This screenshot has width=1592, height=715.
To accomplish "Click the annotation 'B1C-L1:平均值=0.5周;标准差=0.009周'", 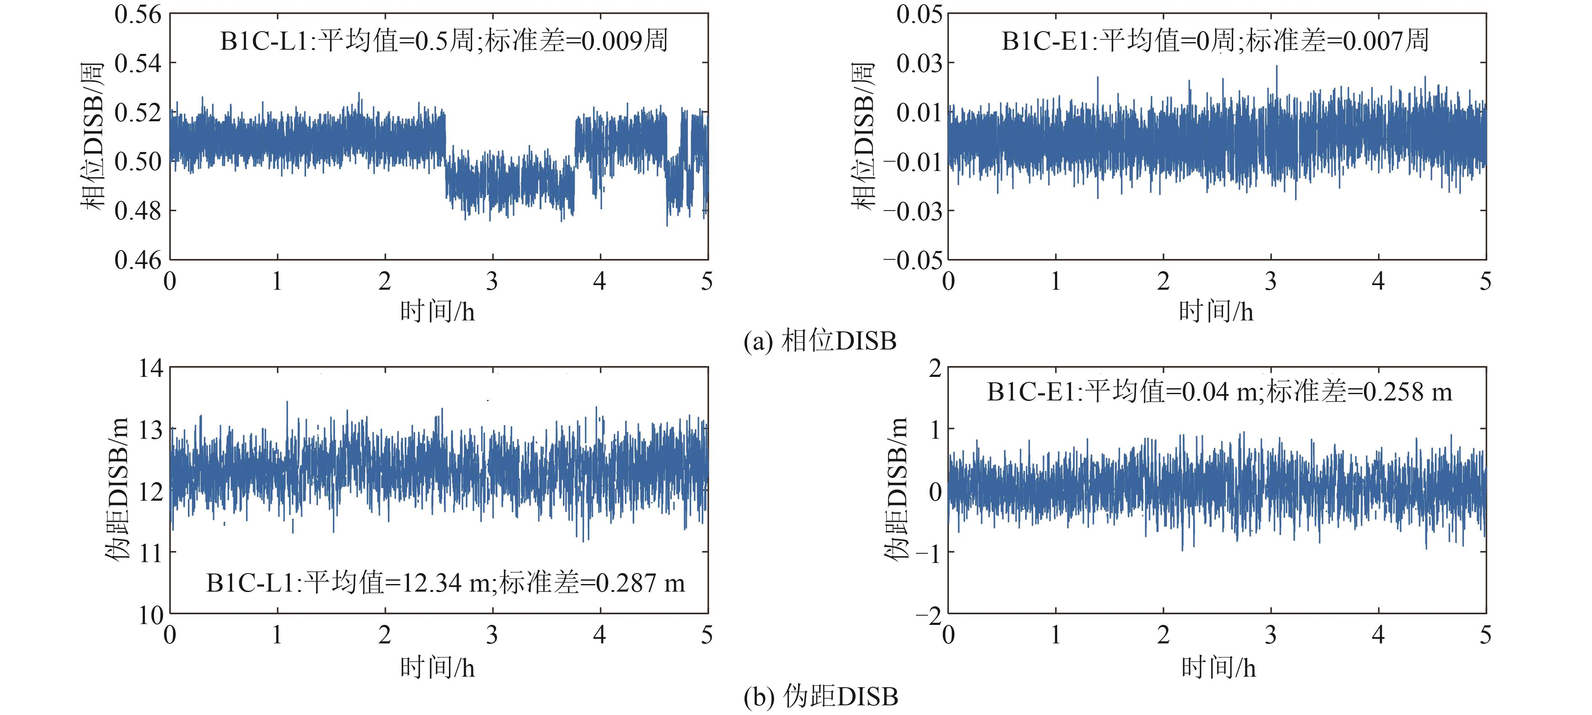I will tap(444, 41).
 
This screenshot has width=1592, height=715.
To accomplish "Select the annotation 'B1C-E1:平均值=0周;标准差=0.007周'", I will tap(1215, 41).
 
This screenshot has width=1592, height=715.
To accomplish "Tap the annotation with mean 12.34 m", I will tap(445, 583).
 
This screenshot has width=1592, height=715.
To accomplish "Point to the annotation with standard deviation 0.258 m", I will tap(1219, 392).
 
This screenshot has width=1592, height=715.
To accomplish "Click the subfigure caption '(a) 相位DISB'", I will tap(820, 341).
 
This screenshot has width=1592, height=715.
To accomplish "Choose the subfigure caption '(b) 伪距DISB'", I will tap(820, 696).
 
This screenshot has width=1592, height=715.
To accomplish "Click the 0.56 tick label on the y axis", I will tap(137, 14).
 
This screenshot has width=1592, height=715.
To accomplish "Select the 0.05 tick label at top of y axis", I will tap(919, 14).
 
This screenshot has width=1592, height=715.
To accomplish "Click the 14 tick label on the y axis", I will tap(151, 368).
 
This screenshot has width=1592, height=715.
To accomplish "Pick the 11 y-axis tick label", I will tap(151, 552).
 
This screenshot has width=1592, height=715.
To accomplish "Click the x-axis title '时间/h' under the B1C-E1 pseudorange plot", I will tap(1218, 668).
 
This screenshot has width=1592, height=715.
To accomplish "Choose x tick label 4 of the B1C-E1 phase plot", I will tap(1378, 282).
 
